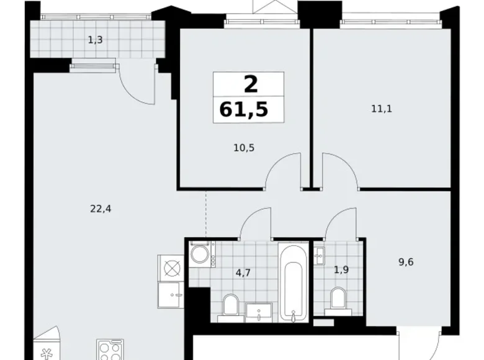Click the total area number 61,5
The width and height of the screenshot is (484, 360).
(243, 110)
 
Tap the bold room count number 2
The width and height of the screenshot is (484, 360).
(251, 84)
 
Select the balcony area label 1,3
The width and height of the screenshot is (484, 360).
(96, 40)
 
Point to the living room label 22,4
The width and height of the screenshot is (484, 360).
(101, 209)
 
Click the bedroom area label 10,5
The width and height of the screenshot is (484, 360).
(244, 148)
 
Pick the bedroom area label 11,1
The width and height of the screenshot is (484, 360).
(382, 109)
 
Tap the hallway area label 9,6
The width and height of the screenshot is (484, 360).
(406, 262)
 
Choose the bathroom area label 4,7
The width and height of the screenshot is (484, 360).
(243, 273)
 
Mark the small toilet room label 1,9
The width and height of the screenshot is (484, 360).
(341, 270)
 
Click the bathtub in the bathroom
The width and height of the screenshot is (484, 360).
(294, 282)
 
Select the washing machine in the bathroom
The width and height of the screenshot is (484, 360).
(200, 254)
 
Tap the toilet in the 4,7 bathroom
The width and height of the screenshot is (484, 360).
(230, 308)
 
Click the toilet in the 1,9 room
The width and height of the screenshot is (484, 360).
(338, 301)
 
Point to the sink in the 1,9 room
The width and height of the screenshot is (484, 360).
(319, 256)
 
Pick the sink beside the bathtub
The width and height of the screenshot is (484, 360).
(259, 312)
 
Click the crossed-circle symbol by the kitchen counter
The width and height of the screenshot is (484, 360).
(171, 268)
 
